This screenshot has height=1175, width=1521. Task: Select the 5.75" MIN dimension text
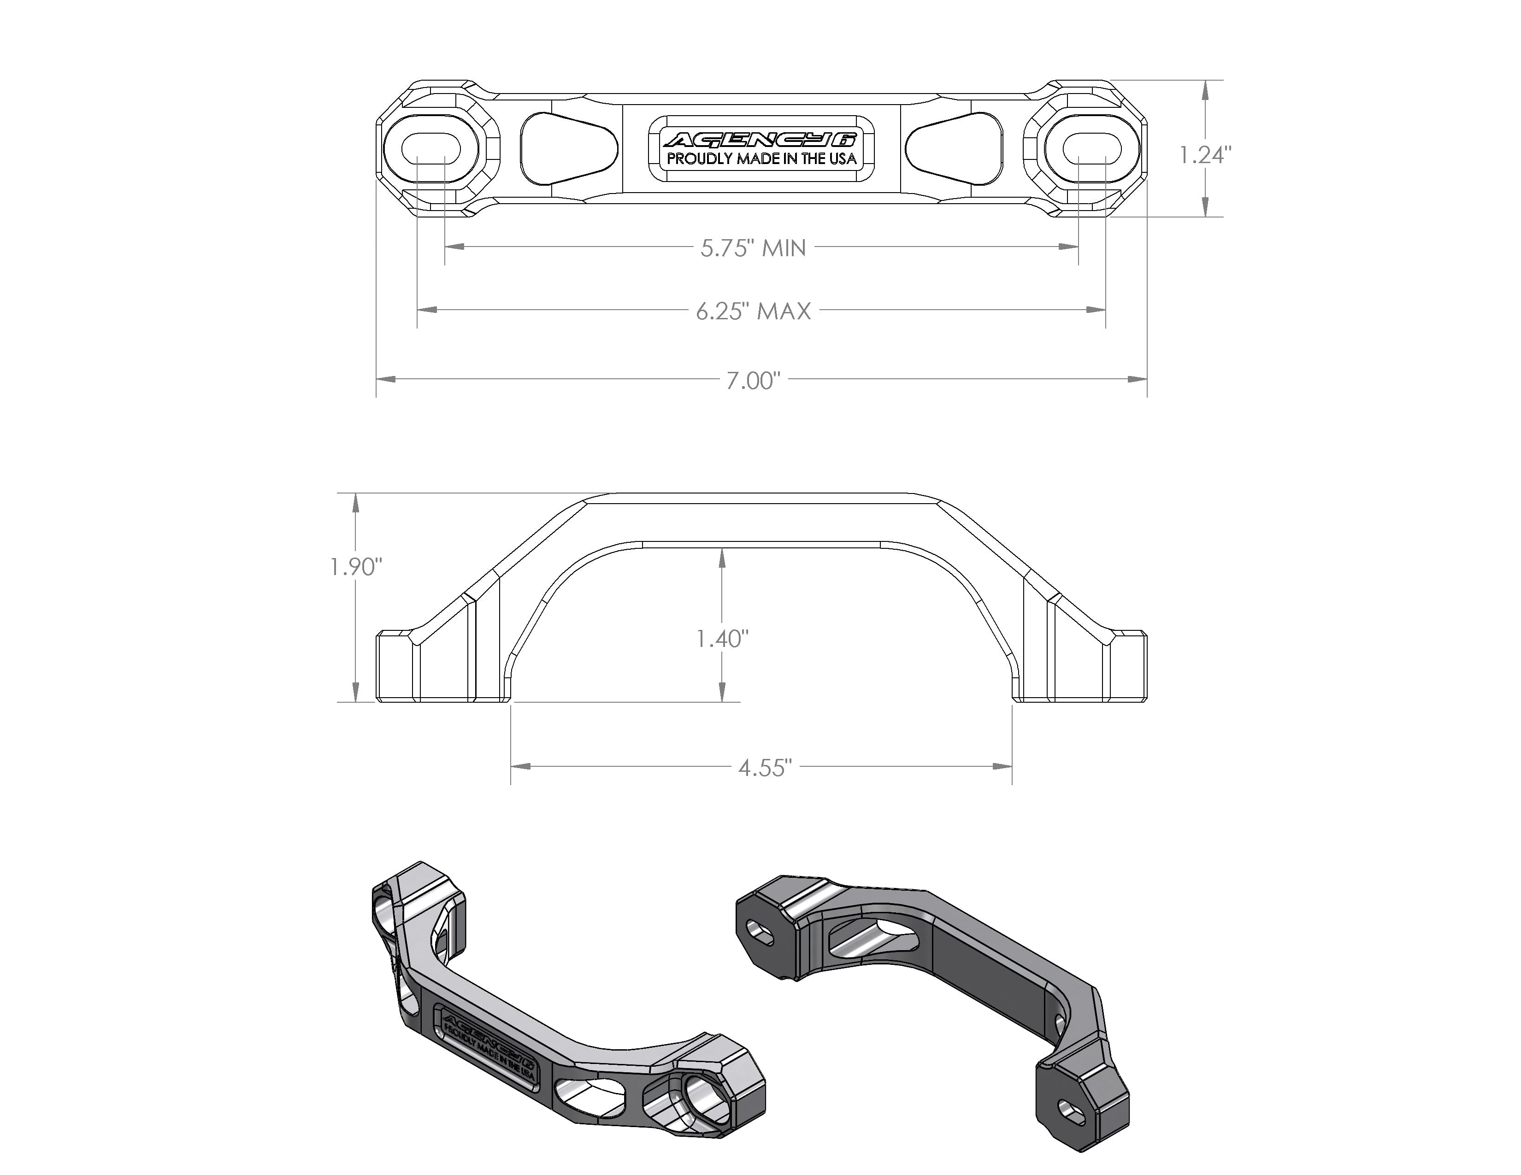point(753,248)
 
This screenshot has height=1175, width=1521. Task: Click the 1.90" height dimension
point(356,567)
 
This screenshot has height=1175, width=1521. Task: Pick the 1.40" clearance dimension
point(722,638)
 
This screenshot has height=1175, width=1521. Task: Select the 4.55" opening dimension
point(765,768)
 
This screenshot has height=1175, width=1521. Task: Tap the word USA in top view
point(843,159)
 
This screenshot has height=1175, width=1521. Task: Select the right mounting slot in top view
point(1092,147)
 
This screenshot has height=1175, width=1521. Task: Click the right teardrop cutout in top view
point(955,147)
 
